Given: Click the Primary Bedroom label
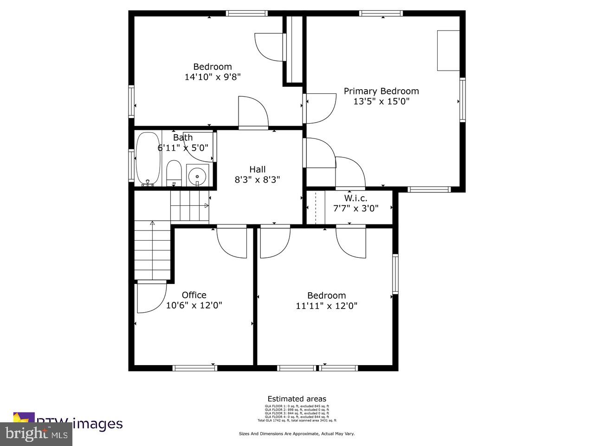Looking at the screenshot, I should (381, 91).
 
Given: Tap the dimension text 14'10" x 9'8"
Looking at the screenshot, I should (213, 77).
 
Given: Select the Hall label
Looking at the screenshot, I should (258, 169).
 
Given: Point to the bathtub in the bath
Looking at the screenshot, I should (148, 159).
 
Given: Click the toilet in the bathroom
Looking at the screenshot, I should (174, 173).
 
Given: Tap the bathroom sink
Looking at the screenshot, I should (198, 175).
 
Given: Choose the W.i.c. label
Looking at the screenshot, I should (355, 198).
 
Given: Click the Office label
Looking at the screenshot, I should (194, 295).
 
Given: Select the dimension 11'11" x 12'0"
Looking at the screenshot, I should (327, 306).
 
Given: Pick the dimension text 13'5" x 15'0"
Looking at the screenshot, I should (381, 102).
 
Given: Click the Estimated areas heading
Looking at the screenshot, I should (297, 399).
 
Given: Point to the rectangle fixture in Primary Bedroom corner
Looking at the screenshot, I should (448, 50).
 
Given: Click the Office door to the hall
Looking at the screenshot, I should (232, 241).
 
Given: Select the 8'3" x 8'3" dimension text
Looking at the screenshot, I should (258, 179).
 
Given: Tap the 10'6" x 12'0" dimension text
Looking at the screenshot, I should (194, 306).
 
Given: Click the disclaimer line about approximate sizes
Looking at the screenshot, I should (297, 433).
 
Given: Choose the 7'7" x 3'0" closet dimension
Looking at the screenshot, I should (355, 208).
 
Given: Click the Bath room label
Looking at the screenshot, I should (183, 138).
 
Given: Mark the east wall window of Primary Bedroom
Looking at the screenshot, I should (462, 100).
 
